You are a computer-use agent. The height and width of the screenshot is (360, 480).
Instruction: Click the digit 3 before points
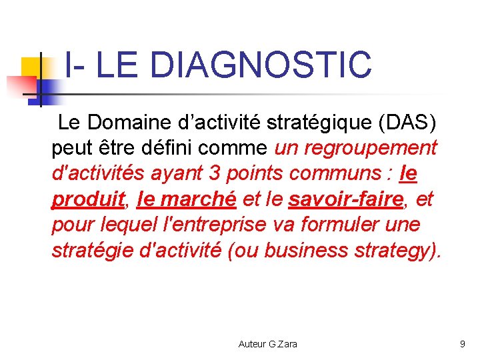[x=215, y=173]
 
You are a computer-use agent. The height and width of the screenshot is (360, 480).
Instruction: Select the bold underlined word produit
[x=88, y=199]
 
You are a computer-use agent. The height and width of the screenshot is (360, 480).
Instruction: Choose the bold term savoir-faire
[x=346, y=199]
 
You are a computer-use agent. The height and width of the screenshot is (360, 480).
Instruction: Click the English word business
[x=307, y=250]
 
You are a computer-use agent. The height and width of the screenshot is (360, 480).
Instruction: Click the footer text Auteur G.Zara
[x=267, y=344]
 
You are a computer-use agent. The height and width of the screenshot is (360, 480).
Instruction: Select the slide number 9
[x=462, y=344]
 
